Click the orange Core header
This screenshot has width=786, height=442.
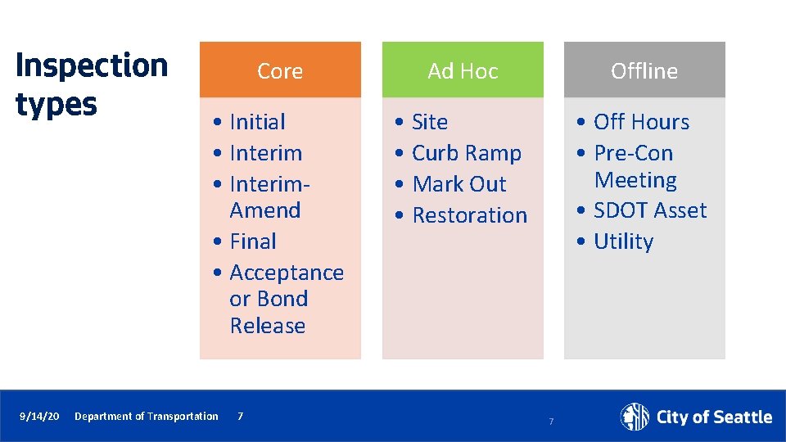[x=280, y=71]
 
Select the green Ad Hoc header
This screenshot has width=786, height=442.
[x=463, y=71]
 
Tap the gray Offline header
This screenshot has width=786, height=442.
[x=644, y=71]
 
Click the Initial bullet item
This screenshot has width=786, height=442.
[x=257, y=122]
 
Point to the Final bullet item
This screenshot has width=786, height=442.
[x=253, y=241]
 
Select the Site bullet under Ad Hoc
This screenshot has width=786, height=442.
[x=430, y=122]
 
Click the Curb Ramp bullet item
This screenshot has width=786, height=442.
[x=466, y=153]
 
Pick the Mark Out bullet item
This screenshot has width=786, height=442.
[x=459, y=184]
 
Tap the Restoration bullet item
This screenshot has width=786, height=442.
[x=469, y=215]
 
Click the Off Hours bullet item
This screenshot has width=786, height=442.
[x=641, y=122]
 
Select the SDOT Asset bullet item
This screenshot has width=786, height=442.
[x=649, y=210]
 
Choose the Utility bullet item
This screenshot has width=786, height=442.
[x=623, y=241]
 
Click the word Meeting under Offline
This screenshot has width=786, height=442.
[x=635, y=180]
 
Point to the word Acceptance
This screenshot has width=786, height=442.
[x=287, y=273]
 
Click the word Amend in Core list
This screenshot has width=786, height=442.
[x=265, y=210]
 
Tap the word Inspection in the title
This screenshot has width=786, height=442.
[x=92, y=65]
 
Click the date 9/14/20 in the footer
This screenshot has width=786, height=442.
[x=39, y=417]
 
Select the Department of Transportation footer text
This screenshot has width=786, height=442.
[x=147, y=417]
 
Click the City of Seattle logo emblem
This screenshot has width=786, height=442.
[x=635, y=417]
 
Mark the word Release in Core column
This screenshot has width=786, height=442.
[x=268, y=326]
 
